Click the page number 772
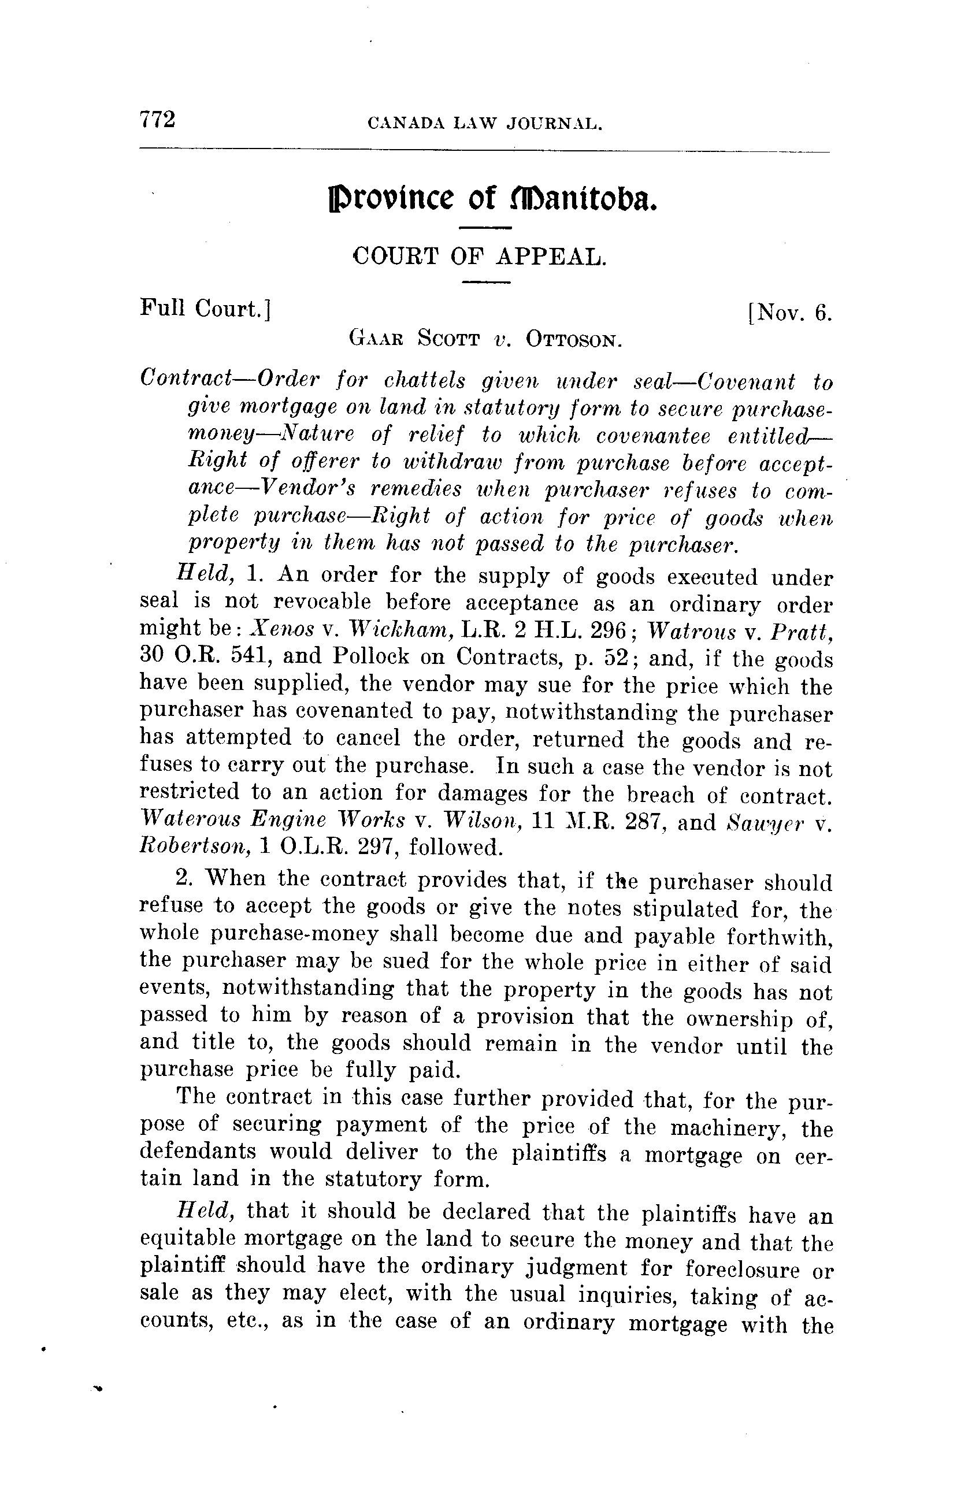157,119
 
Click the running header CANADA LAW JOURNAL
485,123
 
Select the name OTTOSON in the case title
573,340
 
